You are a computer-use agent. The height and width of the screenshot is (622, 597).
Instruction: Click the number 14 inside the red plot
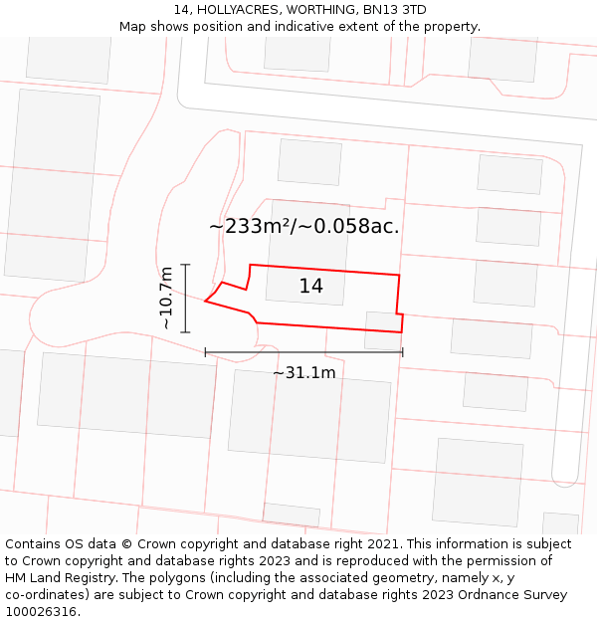(311, 287)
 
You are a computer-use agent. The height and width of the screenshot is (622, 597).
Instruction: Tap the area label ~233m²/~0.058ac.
(303, 227)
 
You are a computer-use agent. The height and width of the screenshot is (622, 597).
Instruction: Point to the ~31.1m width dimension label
(303, 373)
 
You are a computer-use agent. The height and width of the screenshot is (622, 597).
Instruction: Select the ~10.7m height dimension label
(165, 298)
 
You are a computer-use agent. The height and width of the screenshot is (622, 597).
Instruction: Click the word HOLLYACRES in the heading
(232, 10)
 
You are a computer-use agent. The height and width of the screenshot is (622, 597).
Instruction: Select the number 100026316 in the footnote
(39, 612)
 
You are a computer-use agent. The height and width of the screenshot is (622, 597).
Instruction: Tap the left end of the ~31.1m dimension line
(205, 352)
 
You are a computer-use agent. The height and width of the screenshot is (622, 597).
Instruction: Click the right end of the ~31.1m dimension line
(402, 352)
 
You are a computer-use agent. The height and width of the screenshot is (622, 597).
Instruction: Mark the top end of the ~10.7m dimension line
(186, 265)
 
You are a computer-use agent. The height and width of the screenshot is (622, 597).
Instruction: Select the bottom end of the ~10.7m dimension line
(186, 331)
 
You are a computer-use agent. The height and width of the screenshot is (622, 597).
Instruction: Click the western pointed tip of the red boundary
(205, 301)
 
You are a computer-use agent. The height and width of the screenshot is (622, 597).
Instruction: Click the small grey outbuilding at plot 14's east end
(382, 330)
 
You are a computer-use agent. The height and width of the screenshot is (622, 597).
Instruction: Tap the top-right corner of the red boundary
(399, 275)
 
